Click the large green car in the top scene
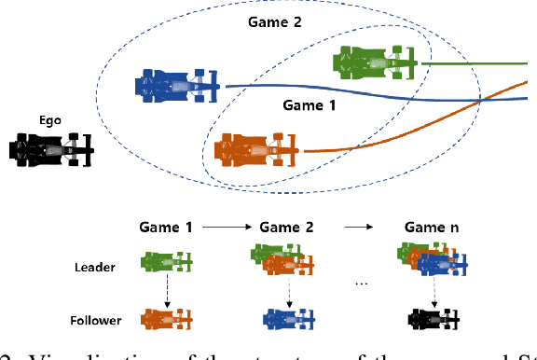(x=378, y=63)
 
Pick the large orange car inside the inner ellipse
(x=255, y=148)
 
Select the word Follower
(x=96, y=320)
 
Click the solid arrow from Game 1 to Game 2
(x=226, y=227)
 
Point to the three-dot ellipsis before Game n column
(x=362, y=281)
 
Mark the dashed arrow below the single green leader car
(x=166, y=291)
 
